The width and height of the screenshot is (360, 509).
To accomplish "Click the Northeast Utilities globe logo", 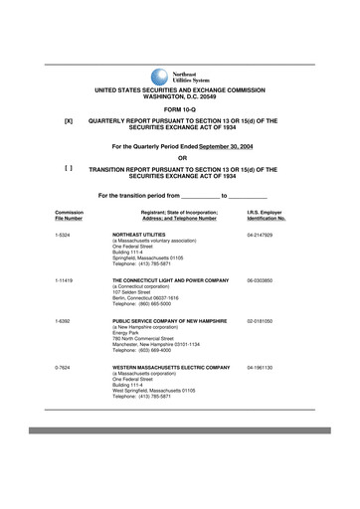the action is tap(160, 77).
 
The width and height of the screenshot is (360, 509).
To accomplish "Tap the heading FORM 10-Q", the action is tap(181, 108).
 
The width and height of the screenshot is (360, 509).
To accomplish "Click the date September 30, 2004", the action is tap(235, 146).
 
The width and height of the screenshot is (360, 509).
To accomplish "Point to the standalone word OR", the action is tap(181, 158).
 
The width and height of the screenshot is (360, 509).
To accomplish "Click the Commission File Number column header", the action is tap(69, 215).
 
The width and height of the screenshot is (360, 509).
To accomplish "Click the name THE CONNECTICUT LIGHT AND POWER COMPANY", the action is tap(171, 281).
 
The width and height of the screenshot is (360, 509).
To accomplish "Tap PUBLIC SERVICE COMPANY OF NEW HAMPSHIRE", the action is tap(171, 321).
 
